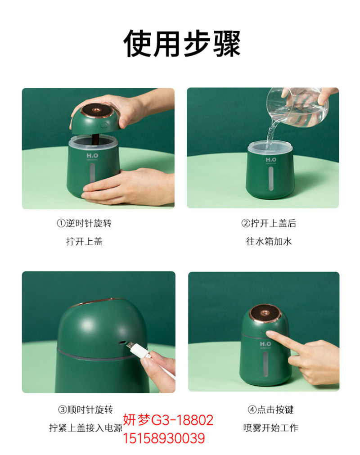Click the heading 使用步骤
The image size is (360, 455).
[182, 44]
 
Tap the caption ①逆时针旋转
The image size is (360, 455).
[84, 223]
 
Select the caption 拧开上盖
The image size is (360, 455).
[85, 241]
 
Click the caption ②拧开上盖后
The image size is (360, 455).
[269, 223]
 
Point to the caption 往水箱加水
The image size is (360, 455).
[269, 241]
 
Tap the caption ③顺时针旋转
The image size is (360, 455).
[85, 410]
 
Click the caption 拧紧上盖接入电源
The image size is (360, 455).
[85, 428]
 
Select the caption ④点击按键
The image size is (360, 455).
[270, 410]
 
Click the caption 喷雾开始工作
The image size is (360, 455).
[270, 428]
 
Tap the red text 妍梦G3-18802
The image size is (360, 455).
[168, 420]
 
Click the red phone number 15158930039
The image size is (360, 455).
[164, 438]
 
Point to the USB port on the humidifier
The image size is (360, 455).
[122, 342]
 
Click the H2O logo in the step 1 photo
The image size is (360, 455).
[92, 156]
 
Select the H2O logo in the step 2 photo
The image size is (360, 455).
[271, 160]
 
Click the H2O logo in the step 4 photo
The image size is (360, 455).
[265, 344]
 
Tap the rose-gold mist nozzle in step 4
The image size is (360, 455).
[265, 313]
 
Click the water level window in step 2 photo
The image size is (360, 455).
[270, 179]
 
